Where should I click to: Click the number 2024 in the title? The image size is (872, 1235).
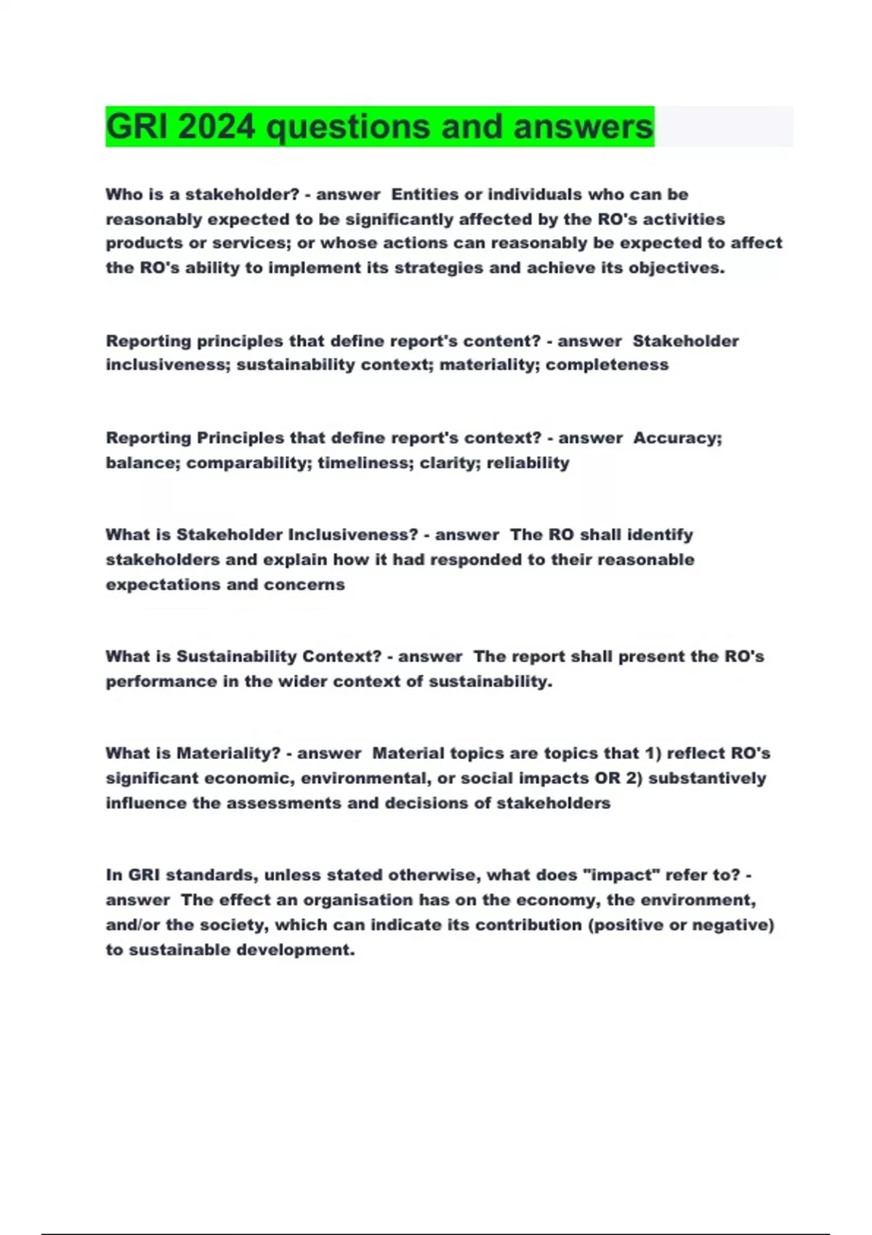[x=217, y=127]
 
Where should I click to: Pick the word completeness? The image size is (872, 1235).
[x=607, y=365]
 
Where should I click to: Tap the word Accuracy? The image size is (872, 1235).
[x=677, y=438]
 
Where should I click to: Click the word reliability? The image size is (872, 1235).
[x=528, y=463]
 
